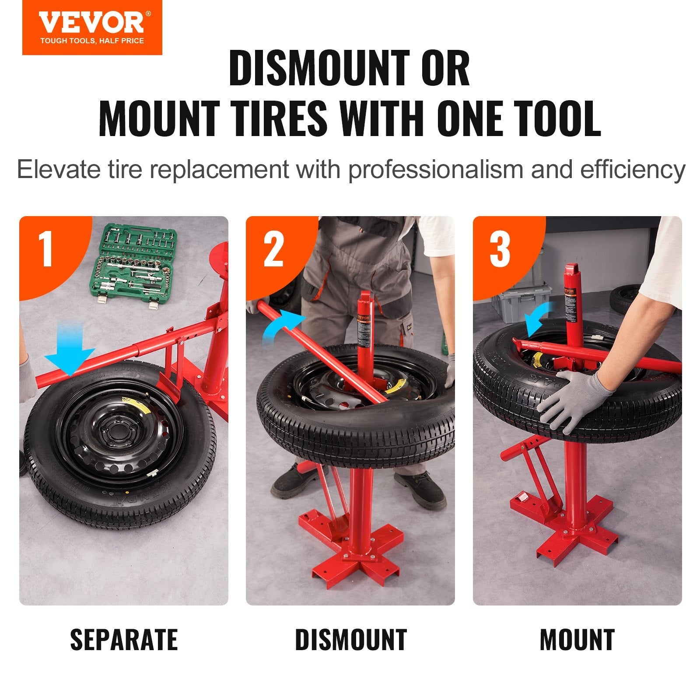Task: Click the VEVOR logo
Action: coord(91,23)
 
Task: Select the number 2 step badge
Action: coord(273,249)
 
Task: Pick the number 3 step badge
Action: coord(500,249)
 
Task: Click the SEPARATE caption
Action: coord(124,640)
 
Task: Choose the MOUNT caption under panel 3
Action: coord(577,640)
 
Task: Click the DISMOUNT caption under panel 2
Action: coord(351,640)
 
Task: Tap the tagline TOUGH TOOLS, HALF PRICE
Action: coord(92,41)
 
